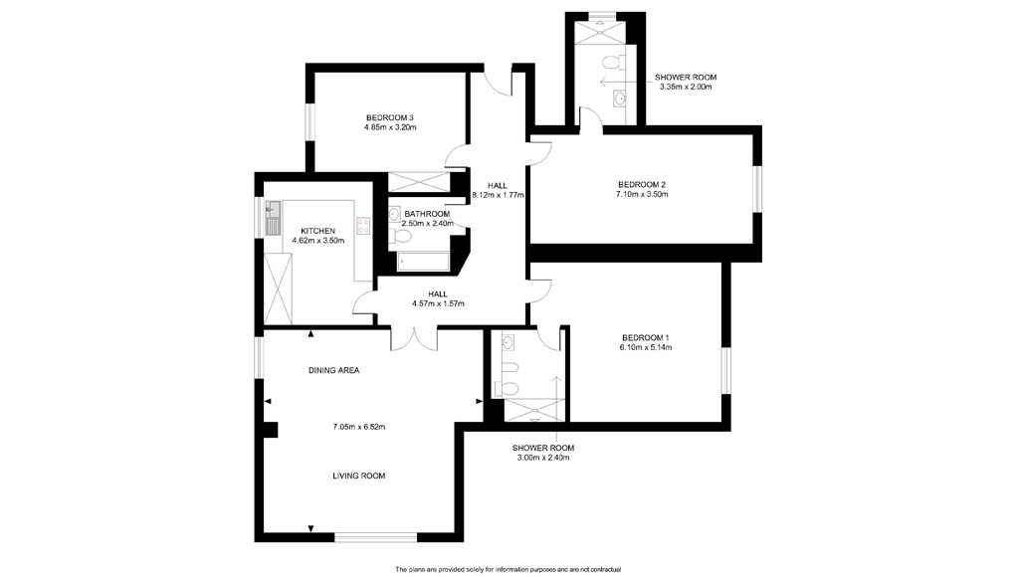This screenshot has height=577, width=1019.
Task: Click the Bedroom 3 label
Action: pos(390,117)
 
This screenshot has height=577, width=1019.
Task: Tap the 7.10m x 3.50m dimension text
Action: pos(642,194)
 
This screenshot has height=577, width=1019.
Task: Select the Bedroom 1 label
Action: pos(645,338)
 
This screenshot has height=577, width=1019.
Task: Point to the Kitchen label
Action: pos(317,232)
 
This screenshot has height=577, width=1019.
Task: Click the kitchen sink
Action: pos(273,218)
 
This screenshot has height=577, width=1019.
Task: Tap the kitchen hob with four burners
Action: pos(362,226)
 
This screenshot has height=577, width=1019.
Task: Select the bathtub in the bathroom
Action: pos(423,262)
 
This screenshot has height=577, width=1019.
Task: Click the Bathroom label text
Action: pos(427,214)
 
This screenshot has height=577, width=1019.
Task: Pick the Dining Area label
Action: pos(334,370)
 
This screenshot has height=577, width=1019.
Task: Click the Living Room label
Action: pos(358,476)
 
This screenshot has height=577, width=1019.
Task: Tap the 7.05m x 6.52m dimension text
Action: pos(358,427)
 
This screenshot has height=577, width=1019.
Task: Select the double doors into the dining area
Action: pos(414,338)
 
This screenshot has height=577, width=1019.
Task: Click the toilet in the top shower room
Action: pos(614,63)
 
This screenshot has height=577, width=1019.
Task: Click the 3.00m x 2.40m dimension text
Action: pos(543,458)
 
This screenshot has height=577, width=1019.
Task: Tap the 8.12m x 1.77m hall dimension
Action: pos(498,195)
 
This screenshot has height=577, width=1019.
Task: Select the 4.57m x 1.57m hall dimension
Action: pos(438,303)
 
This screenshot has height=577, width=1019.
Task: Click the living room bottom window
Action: pos(375,537)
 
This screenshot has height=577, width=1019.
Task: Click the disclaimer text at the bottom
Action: pos(509,570)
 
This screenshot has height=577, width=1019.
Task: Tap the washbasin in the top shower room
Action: pos(619,98)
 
